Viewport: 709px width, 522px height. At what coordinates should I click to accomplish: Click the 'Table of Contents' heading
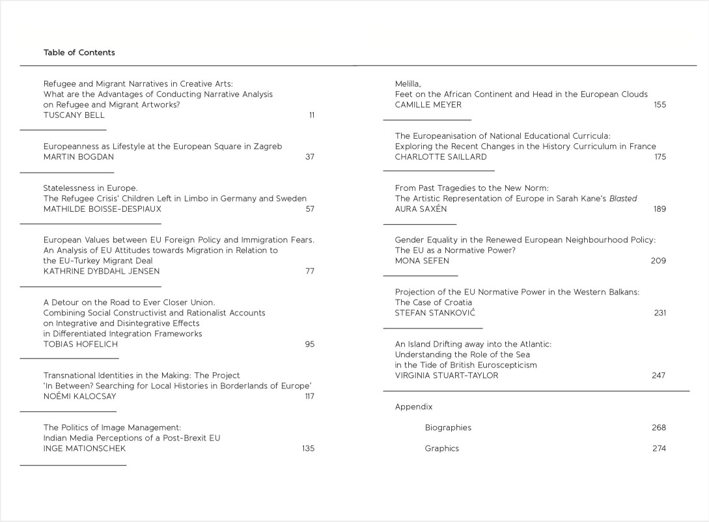(79, 53)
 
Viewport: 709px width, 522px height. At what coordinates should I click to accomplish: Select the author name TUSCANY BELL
(74, 115)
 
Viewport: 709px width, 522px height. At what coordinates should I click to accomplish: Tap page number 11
(311, 115)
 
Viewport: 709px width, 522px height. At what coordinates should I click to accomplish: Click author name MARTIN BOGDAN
(77, 157)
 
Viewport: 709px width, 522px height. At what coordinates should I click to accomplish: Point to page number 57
(309, 209)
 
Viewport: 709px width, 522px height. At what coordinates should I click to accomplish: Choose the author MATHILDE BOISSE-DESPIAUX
(102, 209)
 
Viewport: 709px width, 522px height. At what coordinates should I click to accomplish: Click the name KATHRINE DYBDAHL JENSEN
(101, 271)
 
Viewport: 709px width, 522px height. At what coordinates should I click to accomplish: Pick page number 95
(309, 344)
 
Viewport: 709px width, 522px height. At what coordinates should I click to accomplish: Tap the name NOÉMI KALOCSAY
(79, 396)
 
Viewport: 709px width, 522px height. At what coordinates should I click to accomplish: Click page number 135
(308, 448)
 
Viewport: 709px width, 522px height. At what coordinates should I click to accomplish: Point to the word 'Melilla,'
(408, 84)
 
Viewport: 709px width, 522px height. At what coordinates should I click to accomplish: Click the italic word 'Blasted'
(623, 199)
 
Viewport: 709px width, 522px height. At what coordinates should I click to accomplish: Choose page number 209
(658, 261)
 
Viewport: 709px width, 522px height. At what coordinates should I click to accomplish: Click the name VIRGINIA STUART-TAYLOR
(447, 375)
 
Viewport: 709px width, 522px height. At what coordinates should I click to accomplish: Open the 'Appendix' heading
(413, 407)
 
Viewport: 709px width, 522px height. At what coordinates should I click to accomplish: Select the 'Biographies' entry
(448, 428)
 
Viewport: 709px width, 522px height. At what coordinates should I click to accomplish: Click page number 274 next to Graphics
(658, 448)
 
